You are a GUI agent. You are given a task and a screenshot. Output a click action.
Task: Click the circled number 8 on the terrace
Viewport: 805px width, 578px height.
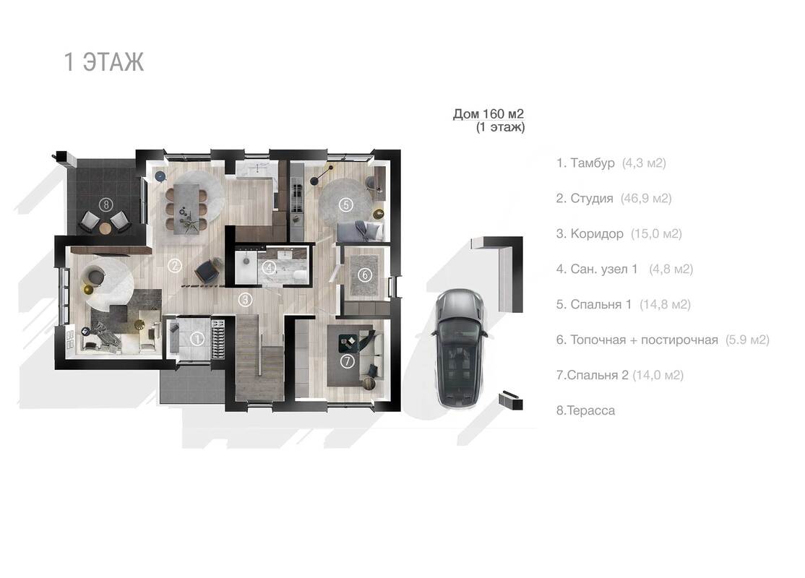pyautogui.click(x=106, y=204)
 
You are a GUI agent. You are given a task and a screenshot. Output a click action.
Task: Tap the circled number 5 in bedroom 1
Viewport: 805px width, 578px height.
pyautogui.click(x=346, y=204)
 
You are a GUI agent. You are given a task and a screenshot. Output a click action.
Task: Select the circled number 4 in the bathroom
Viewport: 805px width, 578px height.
pyautogui.click(x=269, y=267)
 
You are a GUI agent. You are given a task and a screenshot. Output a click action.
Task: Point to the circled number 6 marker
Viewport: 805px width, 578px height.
pyautogui.click(x=364, y=275)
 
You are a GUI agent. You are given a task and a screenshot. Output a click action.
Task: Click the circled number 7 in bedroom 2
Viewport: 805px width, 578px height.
pyautogui.click(x=348, y=361)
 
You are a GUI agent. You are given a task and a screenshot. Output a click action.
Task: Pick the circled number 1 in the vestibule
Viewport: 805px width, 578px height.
pyautogui.click(x=197, y=338)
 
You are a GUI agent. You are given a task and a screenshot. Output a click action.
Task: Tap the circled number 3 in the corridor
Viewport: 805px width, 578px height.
pyautogui.click(x=246, y=299)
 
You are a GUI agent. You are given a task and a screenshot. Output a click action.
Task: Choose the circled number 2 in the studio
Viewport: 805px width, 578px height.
pyautogui.click(x=175, y=265)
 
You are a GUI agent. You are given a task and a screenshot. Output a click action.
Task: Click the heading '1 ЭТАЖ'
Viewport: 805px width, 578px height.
pyautogui.click(x=104, y=62)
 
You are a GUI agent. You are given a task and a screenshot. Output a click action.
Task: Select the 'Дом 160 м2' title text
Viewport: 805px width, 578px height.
pyautogui.click(x=488, y=113)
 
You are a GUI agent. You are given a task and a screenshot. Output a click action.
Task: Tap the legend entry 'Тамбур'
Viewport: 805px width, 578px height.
pyautogui.click(x=593, y=163)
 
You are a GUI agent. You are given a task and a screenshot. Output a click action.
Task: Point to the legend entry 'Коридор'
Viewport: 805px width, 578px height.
pyautogui.click(x=597, y=233)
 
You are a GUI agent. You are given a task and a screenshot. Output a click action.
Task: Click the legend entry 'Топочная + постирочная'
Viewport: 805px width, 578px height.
pyautogui.click(x=645, y=340)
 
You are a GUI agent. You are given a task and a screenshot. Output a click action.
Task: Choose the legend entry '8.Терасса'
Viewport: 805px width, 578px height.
pyautogui.click(x=585, y=410)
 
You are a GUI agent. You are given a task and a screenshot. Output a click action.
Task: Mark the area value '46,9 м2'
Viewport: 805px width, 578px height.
pyautogui.click(x=646, y=198)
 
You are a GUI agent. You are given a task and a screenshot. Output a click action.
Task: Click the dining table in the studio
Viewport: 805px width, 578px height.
pyautogui.click(x=185, y=209)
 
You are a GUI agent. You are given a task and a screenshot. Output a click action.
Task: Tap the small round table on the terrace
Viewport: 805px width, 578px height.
pyautogui.click(x=106, y=228)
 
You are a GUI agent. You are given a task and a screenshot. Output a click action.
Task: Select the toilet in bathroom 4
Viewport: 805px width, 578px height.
pyautogui.click(x=298, y=276)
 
